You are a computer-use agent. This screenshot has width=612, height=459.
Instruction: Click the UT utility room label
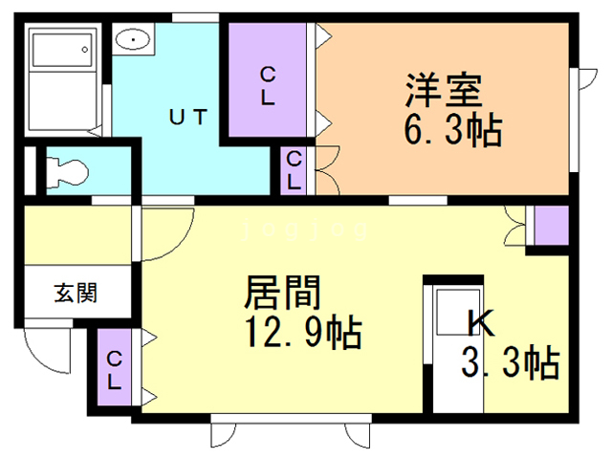[x=187, y=118]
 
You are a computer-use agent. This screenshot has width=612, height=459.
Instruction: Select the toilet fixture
[x=67, y=170]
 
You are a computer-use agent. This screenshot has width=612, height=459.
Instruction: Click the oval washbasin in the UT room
[x=132, y=41]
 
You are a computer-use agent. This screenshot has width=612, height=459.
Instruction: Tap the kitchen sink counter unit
[x=446, y=330]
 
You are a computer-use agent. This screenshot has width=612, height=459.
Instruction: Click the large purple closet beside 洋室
[x=269, y=84]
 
